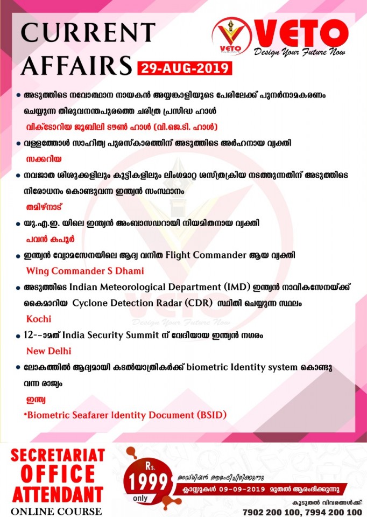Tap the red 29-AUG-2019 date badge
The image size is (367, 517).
pyautogui.click(x=185, y=68)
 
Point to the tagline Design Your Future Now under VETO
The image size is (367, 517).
pyautogui.click(x=299, y=52)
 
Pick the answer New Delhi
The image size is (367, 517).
pyautogui.click(x=48, y=351)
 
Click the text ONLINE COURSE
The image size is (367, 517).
pyautogui.click(x=52, y=511)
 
